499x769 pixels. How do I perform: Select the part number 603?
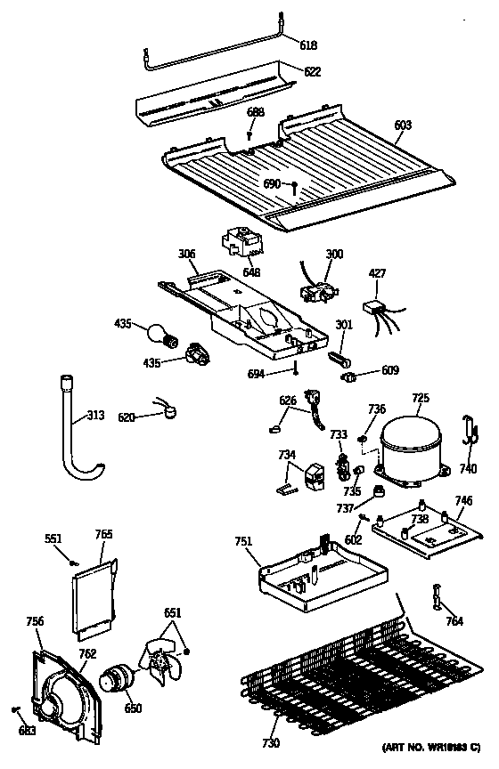click(x=403, y=125)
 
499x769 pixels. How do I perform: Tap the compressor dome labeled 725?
click(x=409, y=446)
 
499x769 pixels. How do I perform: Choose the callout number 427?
click(x=379, y=273)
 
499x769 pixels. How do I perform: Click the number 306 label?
click(x=186, y=255)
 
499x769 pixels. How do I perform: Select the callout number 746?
click(x=463, y=501)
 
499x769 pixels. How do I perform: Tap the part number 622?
click(x=312, y=72)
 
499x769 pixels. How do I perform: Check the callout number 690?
click(x=271, y=182)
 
